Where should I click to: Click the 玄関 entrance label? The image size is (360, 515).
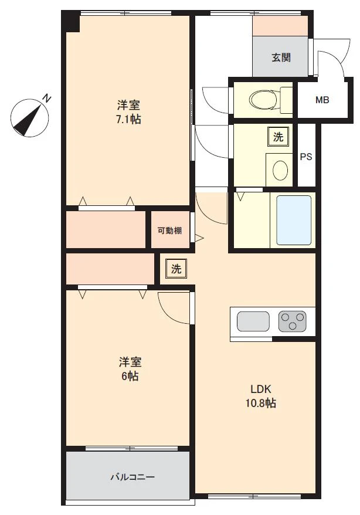click(281, 57)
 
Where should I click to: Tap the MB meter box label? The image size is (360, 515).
click(322, 100)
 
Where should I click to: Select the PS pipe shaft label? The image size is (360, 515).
click(305, 157)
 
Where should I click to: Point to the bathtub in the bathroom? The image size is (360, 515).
click(293, 220)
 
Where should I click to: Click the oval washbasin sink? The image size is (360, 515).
click(281, 170)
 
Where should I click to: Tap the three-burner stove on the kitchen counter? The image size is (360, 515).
click(292, 321)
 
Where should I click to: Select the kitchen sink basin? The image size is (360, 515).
click(253, 321)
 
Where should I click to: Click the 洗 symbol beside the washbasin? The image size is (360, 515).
click(278, 137)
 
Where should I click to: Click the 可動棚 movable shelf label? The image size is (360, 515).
click(169, 231)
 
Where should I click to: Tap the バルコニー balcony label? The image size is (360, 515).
click(133, 477)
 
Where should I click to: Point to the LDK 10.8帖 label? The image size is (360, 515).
click(260, 396)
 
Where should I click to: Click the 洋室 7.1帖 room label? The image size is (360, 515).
click(128, 112)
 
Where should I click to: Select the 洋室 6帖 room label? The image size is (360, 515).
click(130, 369)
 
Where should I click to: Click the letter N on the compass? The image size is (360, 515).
click(46, 98)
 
